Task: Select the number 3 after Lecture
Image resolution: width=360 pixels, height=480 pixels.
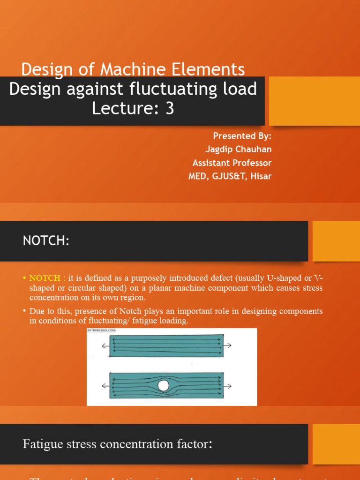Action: [169, 108]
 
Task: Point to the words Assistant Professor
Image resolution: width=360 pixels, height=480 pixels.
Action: [232, 163]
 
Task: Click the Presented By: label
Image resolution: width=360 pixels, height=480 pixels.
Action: [242, 136]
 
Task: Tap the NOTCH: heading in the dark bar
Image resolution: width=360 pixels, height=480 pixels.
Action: [46, 241]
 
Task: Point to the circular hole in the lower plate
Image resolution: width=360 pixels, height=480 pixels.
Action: [163, 386]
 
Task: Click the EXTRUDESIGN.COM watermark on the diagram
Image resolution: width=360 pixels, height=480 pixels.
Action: [101, 330]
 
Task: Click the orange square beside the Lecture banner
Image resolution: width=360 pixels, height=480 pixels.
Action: [314, 101]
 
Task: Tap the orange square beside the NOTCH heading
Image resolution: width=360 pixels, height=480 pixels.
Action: [336, 241]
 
